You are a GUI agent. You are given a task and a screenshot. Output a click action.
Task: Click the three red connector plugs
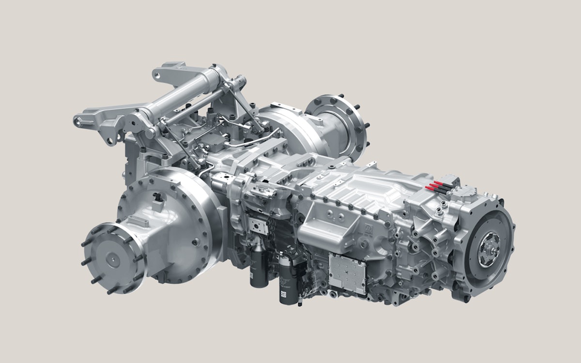[434, 187]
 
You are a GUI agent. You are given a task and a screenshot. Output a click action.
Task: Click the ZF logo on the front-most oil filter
[283, 293]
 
